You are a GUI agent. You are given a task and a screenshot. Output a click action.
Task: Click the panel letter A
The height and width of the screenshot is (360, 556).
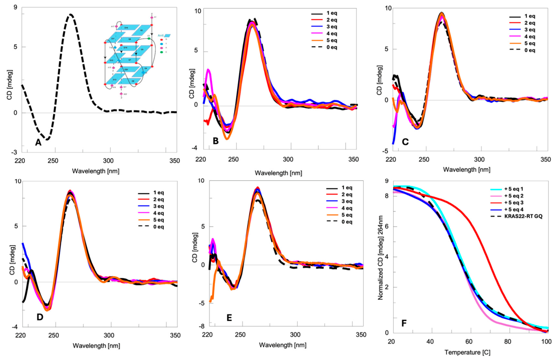pyautogui.click(x=38, y=142)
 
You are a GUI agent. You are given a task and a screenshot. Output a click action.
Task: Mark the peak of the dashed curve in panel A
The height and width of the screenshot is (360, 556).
pyautogui.click(x=70, y=15)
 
